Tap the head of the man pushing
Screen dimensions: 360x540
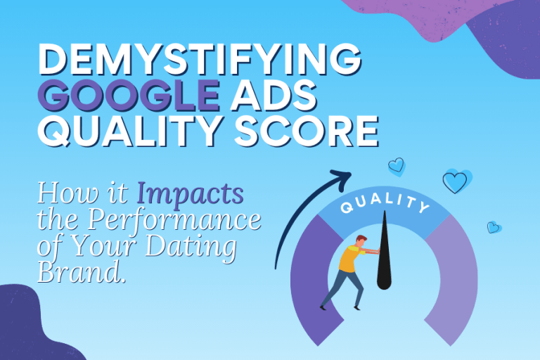coord(360,242)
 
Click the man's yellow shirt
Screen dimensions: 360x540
coord(349,259)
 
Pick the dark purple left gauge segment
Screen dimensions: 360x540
coord(309,281)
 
